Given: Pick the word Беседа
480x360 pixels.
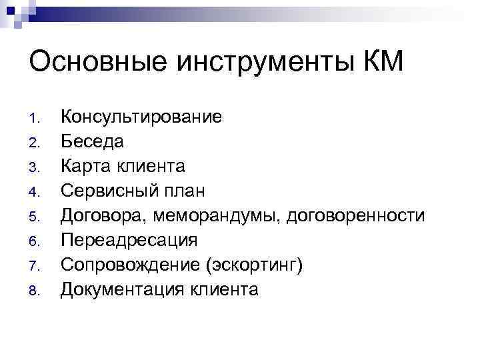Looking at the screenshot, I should pos(92,142).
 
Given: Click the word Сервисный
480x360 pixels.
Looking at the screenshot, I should pos(110,191).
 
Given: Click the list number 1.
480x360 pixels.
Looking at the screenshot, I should pos(37,119).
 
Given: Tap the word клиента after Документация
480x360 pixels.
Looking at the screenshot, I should pos(223,289).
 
